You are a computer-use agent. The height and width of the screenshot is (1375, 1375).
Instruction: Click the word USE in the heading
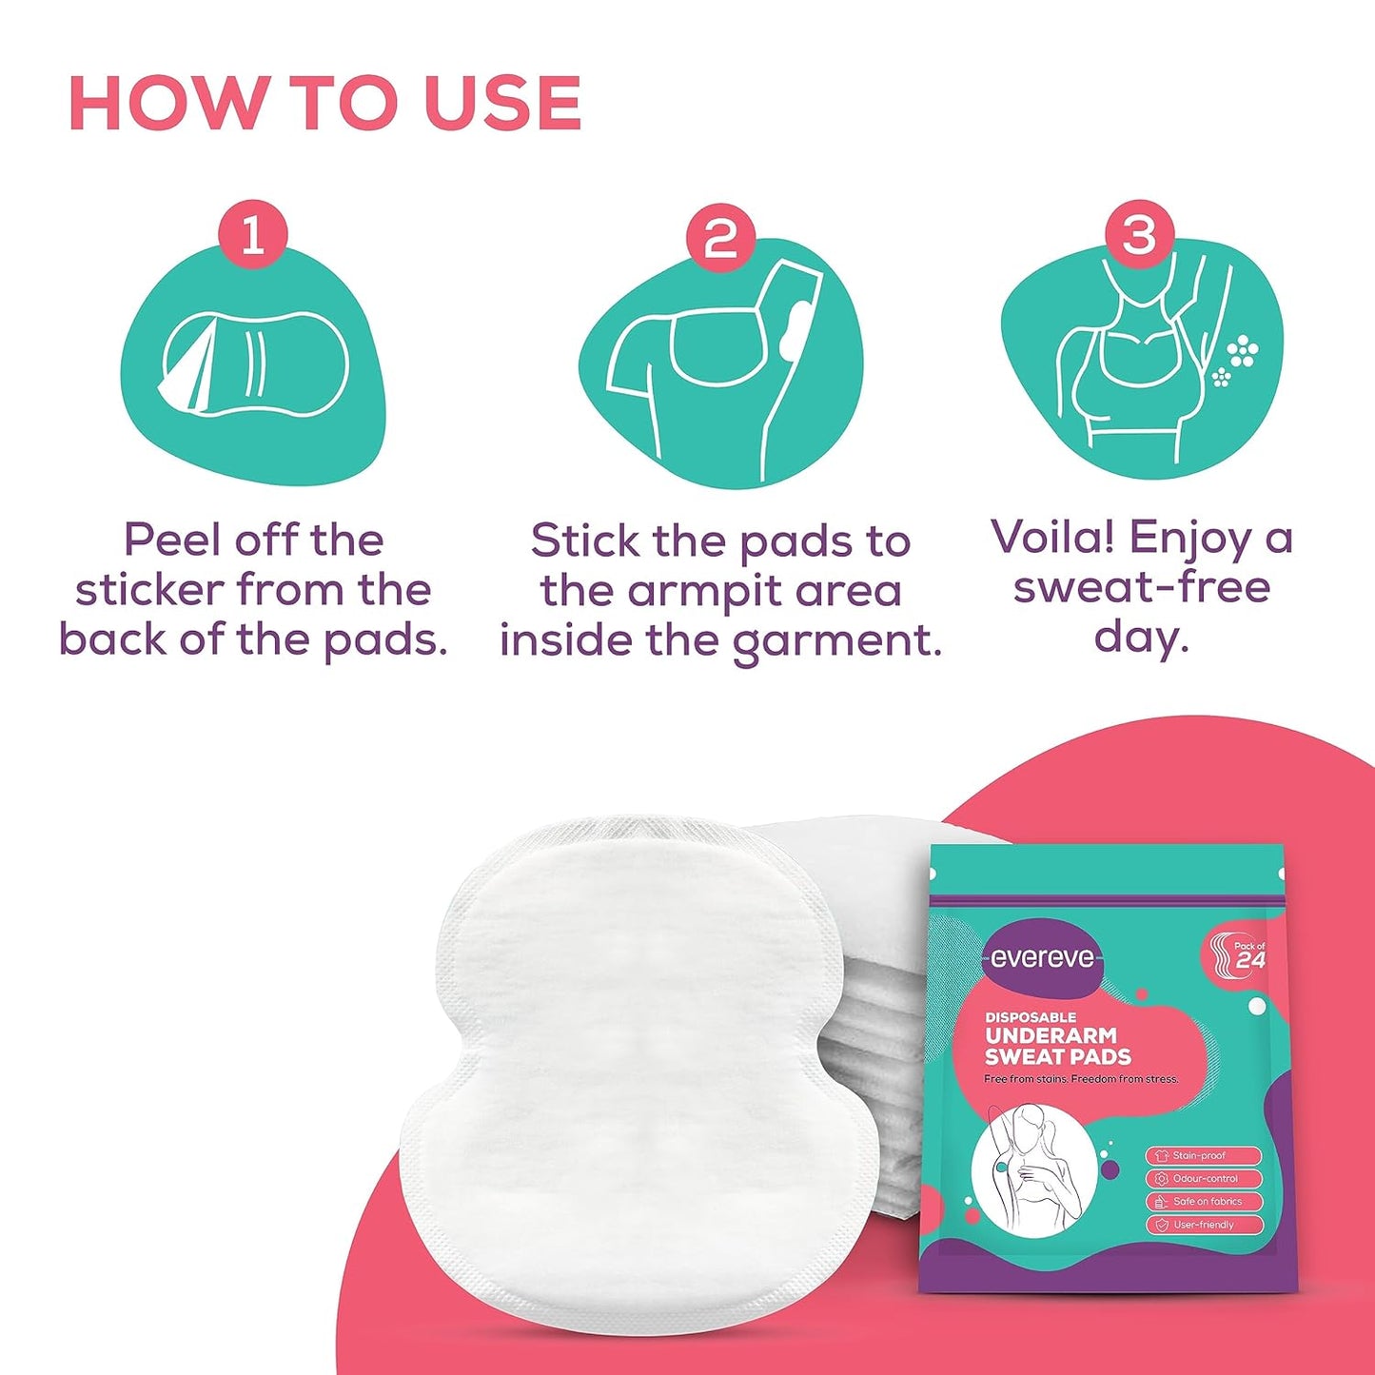[x=502, y=103]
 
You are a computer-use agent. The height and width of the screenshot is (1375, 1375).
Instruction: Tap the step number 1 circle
[x=252, y=234]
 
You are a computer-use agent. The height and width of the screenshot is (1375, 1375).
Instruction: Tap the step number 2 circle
[x=720, y=237]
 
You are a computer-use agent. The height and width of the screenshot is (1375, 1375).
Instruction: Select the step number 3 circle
[x=1139, y=234]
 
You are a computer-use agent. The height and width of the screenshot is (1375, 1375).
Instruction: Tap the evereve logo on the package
[x=1042, y=958]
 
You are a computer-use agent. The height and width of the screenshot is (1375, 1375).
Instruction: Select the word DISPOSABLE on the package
[x=1031, y=1017]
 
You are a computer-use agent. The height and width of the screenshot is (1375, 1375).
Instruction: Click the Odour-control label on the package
[x=1204, y=1178]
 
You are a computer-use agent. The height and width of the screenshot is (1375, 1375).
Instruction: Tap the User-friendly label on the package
[x=1204, y=1225]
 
